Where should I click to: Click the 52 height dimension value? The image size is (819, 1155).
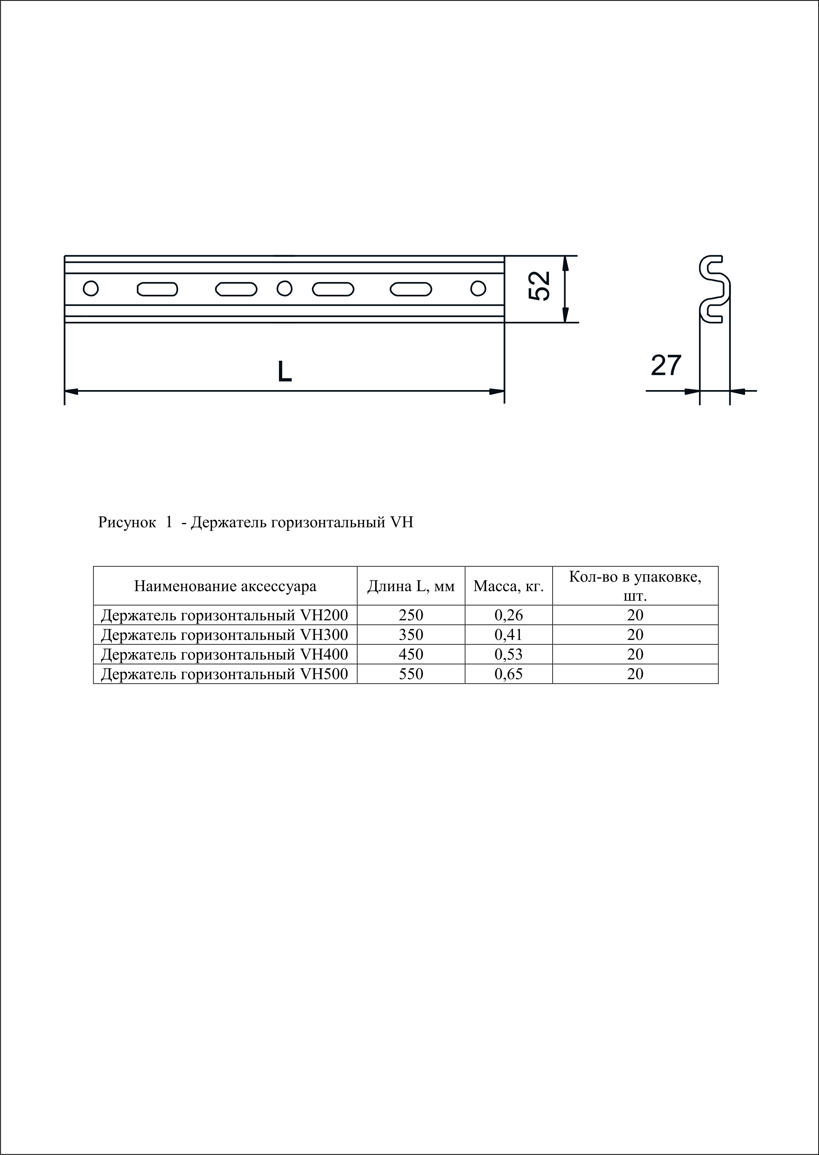540,287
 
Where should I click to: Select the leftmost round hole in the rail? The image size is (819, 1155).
91,289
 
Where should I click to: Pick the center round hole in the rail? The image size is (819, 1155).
285,289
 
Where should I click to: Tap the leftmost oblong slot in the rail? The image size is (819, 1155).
157,289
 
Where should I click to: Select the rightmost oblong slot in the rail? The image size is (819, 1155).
411,289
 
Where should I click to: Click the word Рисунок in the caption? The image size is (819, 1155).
127,523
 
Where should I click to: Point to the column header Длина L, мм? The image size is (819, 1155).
411,586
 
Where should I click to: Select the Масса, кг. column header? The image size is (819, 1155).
509,586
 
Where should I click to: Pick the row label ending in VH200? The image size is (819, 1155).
225,615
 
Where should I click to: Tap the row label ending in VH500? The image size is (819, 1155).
225,674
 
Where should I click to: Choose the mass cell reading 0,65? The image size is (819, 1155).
509,674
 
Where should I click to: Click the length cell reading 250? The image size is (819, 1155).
411,615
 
